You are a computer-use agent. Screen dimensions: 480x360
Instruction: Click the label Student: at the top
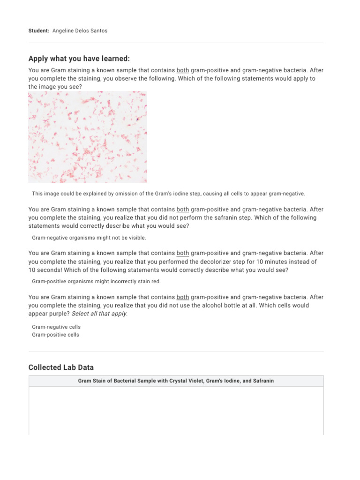coord(39,30)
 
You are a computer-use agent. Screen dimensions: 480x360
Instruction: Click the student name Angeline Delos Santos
coord(80,30)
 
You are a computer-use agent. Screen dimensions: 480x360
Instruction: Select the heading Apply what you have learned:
coord(79,58)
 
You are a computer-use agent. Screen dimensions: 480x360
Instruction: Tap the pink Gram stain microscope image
coord(87,137)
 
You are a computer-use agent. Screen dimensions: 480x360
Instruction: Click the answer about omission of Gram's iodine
coord(168,194)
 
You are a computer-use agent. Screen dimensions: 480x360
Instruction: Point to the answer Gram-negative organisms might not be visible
coord(89,238)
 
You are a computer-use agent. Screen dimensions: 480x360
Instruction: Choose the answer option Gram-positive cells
coord(55,335)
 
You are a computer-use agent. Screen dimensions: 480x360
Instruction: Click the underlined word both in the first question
coord(183,70)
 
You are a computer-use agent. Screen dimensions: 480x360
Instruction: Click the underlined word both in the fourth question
coord(183,297)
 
